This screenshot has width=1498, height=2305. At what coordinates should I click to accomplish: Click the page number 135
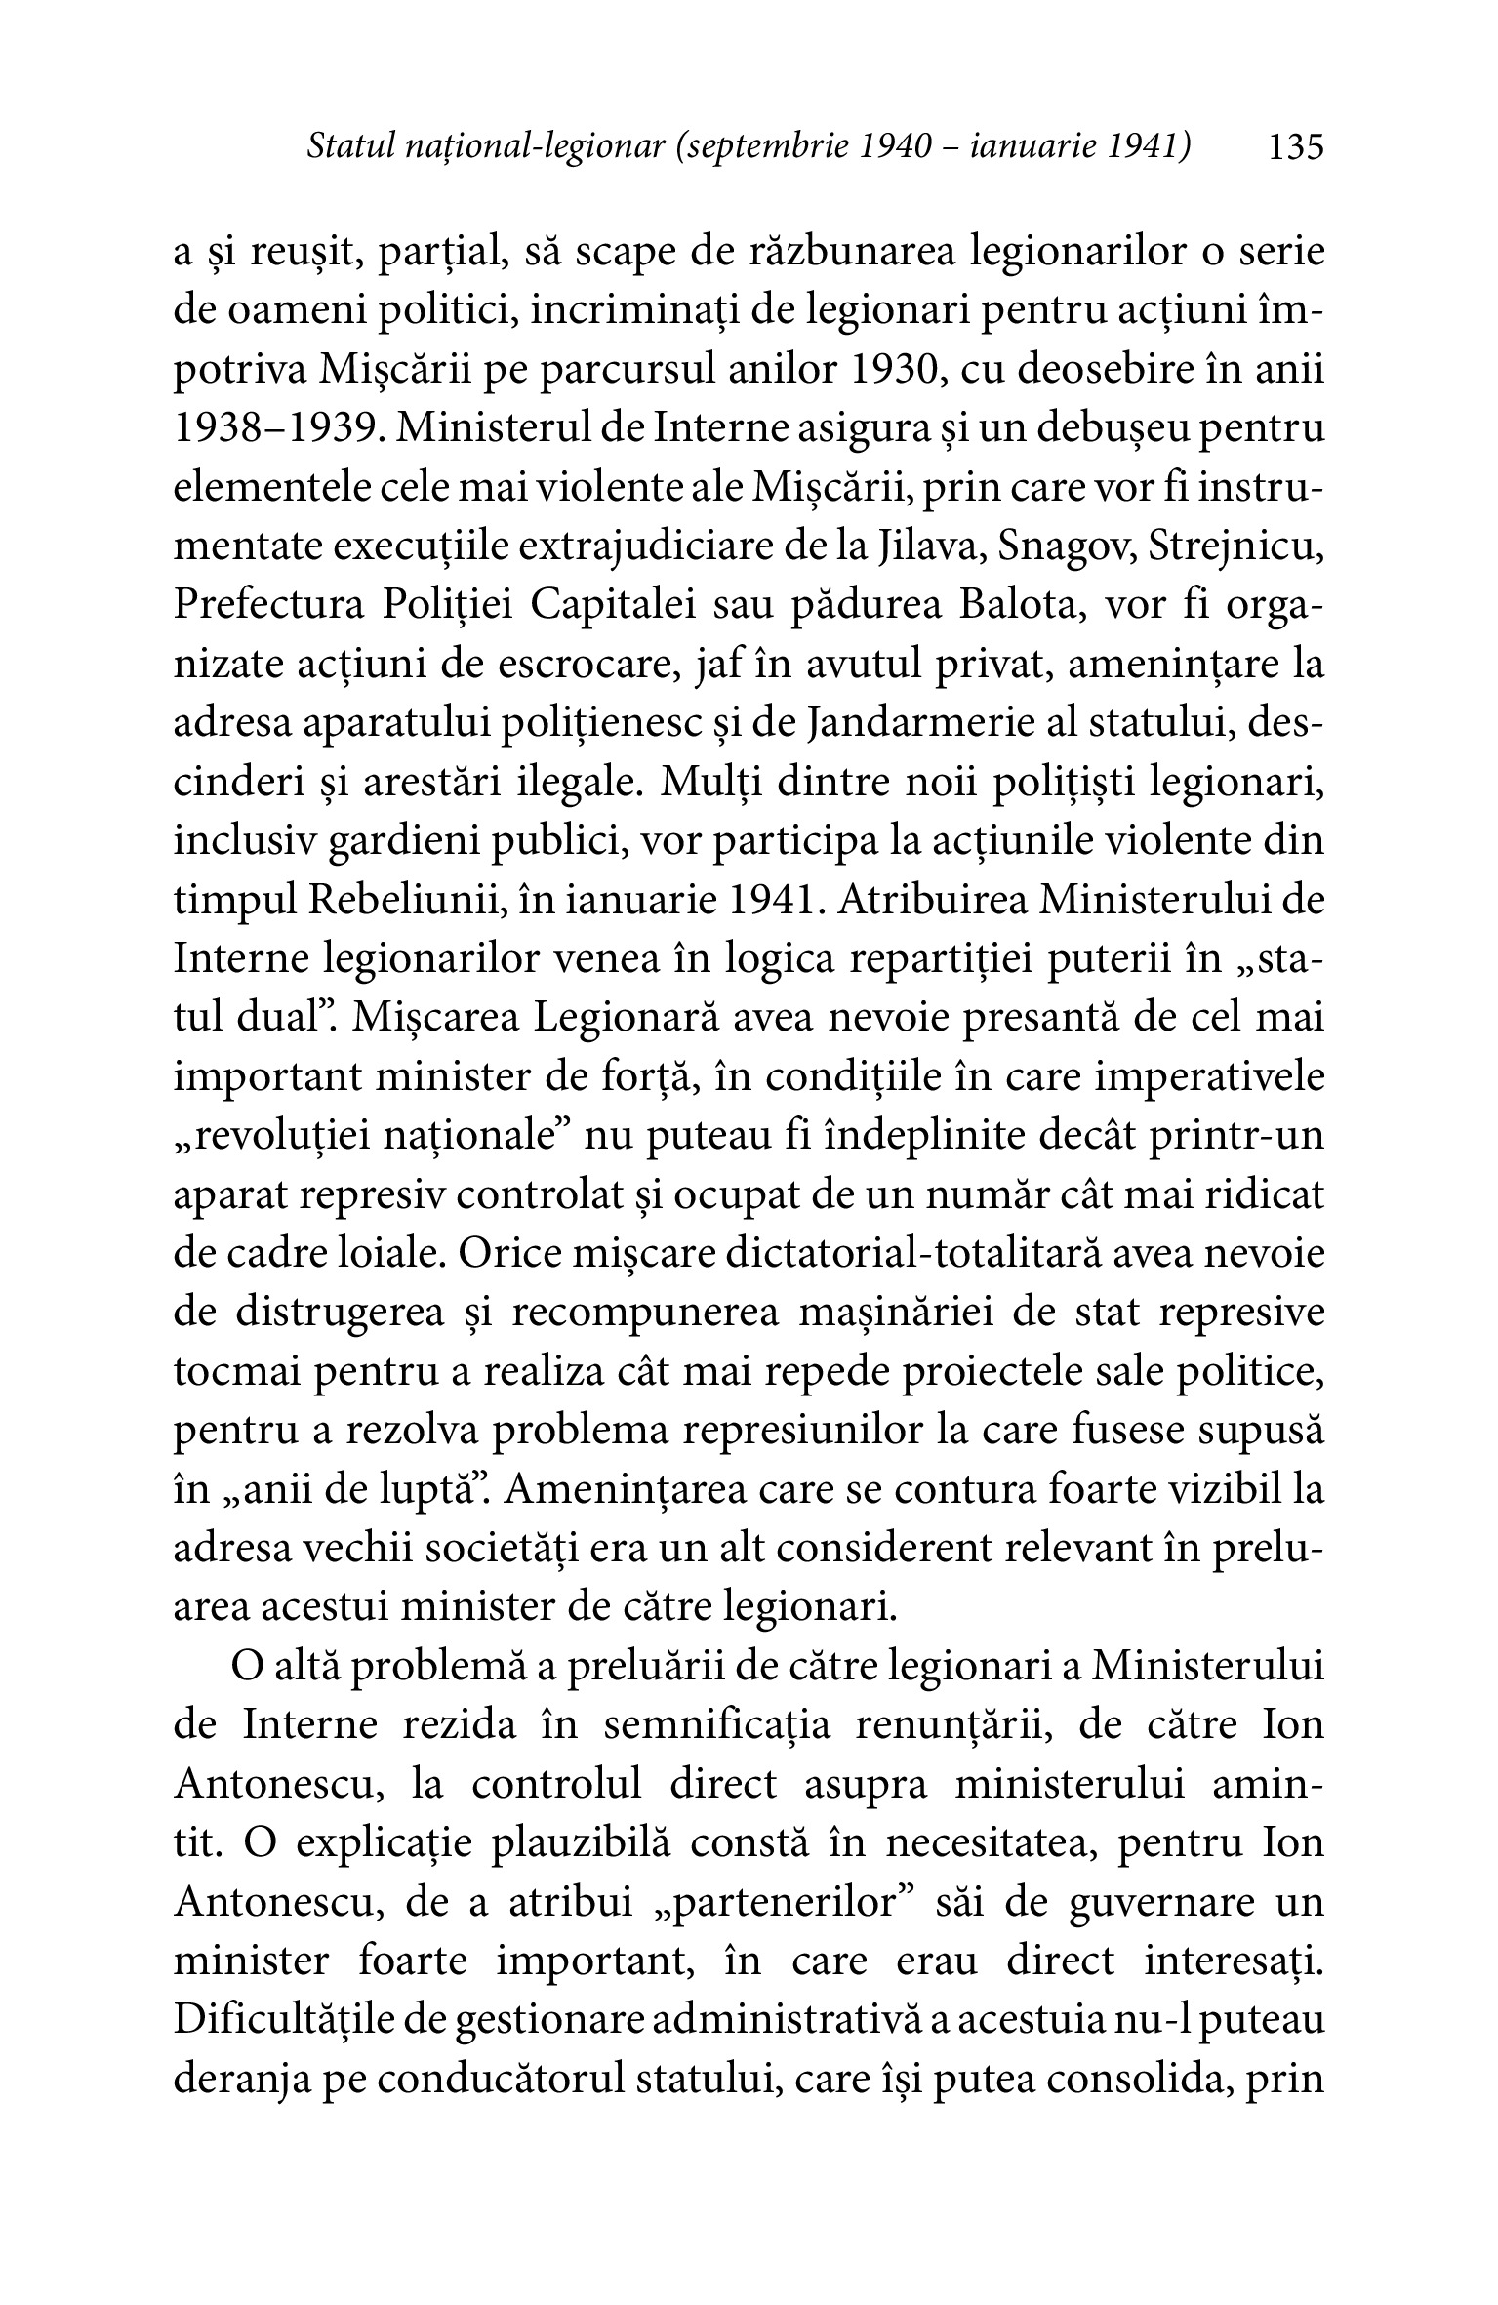[x=1295, y=147]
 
